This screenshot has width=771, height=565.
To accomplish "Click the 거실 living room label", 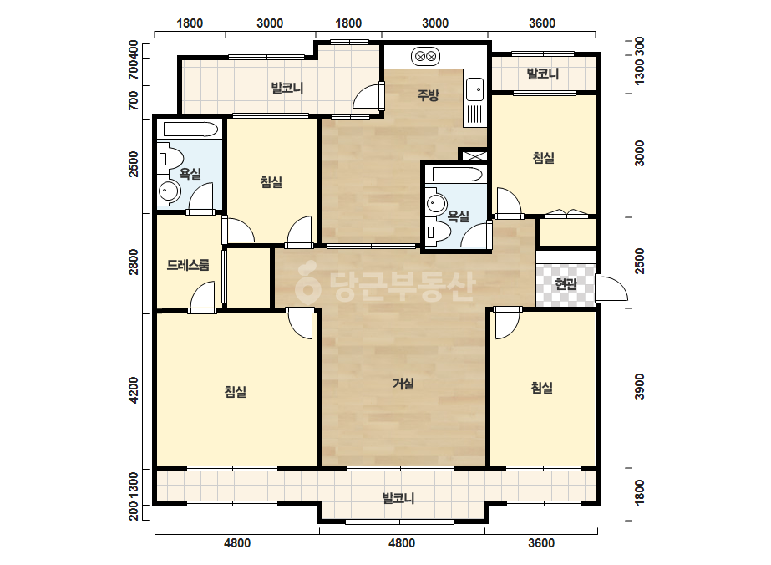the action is tap(403, 384).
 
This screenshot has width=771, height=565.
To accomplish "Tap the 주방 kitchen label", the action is tap(428, 94).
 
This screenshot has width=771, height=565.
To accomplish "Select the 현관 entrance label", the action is tap(566, 283).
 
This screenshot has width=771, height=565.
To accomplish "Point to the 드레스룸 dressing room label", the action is tap(188, 265).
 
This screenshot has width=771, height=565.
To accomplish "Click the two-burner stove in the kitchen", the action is tap(425, 57).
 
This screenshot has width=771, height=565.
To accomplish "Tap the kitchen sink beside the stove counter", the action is tap(474, 89).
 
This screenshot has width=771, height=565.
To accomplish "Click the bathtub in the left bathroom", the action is tap(190, 129).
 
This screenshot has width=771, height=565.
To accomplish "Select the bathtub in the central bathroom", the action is tap(457, 174).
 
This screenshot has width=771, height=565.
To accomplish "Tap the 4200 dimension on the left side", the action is tap(134, 390).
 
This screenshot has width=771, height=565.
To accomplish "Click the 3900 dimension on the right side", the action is tap(639, 387).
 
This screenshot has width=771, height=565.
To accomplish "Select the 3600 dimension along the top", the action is tap(542, 23).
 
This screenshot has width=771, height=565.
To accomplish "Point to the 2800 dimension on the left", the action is tap(134, 262).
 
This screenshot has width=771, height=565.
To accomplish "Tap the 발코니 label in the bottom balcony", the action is tap(398, 498).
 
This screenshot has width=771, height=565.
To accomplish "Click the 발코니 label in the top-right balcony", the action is tap(543, 74).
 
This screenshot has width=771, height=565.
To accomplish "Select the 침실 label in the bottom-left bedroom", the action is tap(235, 392).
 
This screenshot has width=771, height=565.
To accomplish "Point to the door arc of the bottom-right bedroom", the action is tap(507, 326).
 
